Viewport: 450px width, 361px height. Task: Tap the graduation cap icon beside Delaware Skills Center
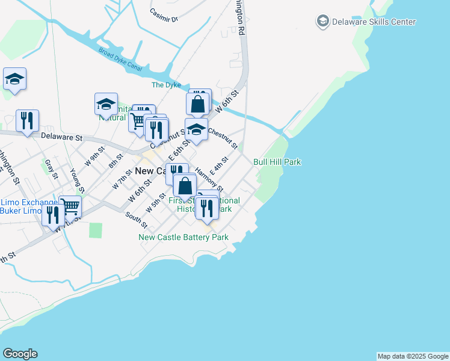click(323, 22)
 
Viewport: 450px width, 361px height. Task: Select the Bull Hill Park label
click(277, 162)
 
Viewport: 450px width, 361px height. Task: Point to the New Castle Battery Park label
click(183, 237)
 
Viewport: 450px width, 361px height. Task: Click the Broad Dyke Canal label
click(121, 59)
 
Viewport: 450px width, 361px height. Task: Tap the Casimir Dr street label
click(164, 15)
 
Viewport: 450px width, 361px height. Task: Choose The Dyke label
click(166, 85)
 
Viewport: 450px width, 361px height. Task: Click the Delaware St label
click(61, 137)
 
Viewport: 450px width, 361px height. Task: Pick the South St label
click(137, 220)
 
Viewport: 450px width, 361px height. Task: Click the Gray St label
click(51, 169)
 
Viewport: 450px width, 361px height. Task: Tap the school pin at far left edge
click(14, 79)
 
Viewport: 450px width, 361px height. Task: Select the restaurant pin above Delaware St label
click(27, 120)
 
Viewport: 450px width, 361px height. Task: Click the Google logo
click(20, 354)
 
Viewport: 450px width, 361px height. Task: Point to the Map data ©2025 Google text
click(413, 356)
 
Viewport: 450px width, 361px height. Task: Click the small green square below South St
click(96, 230)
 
